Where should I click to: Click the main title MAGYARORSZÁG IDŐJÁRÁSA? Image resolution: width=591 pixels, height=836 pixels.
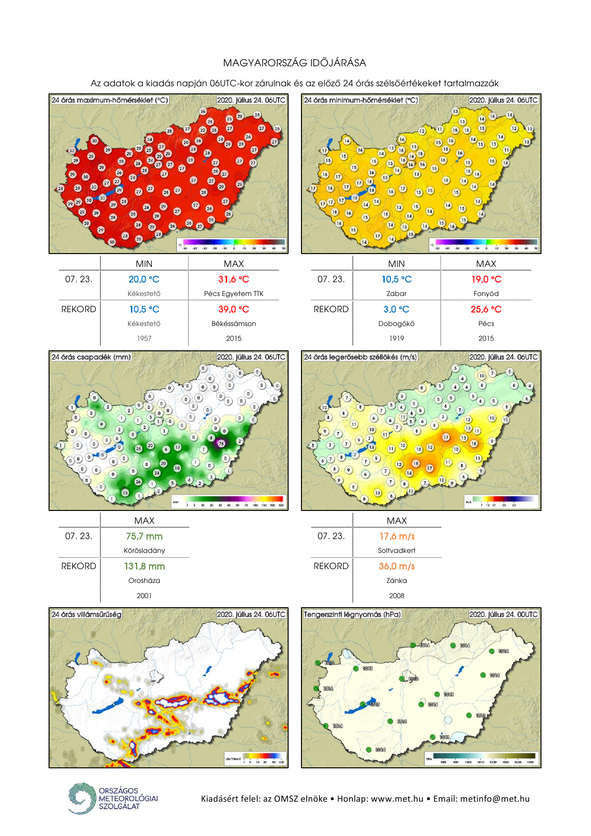pyautogui.click(x=295, y=63)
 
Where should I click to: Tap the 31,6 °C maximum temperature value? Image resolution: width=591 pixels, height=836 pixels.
pyautogui.click(x=234, y=279)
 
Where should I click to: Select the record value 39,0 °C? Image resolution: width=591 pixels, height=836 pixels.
pyautogui.click(x=234, y=309)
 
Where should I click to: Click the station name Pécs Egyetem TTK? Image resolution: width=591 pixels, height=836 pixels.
pyautogui.click(x=234, y=294)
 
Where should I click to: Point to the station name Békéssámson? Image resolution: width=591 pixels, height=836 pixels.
pyautogui.click(x=234, y=324)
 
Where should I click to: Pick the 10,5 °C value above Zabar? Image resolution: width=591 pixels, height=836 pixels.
pyautogui.click(x=397, y=279)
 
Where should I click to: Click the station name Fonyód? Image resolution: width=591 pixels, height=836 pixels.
pyautogui.click(x=486, y=294)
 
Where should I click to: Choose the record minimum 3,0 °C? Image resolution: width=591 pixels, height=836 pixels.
pyautogui.click(x=397, y=309)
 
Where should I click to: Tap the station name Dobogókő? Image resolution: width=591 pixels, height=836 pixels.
pyautogui.click(x=397, y=324)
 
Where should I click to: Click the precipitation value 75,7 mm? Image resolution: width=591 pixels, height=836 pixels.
pyautogui.click(x=144, y=536)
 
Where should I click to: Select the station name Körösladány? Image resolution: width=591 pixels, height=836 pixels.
pyautogui.click(x=144, y=551)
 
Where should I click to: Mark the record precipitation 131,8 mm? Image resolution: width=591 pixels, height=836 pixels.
pyautogui.click(x=144, y=566)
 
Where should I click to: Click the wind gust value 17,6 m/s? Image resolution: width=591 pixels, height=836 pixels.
pyautogui.click(x=397, y=536)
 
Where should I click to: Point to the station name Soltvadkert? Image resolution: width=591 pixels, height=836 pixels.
pyautogui.click(x=397, y=551)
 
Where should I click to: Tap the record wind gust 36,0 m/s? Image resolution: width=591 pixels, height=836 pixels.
pyautogui.click(x=397, y=566)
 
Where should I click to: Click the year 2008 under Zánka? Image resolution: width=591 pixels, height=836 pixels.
pyautogui.click(x=397, y=596)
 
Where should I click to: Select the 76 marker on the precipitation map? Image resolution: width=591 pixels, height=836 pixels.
pyautogui.click(x=221, y=443)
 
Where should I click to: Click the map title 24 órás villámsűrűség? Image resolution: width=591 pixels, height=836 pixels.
pyautogui.click(x=87, y=614)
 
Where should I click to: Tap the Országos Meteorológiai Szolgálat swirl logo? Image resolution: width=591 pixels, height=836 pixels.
pyautogui.click(x=82, y=798)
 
